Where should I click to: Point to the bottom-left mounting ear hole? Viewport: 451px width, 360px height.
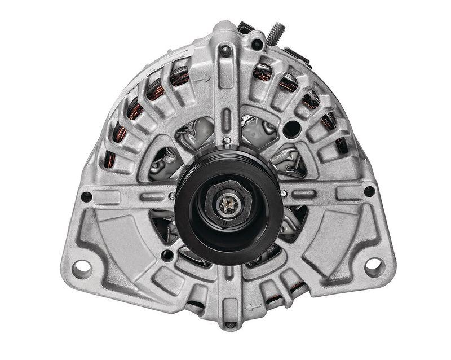click(82, 266)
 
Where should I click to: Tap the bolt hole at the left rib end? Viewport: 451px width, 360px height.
click(86, 196)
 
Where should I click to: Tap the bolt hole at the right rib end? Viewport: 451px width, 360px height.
click(369, 191)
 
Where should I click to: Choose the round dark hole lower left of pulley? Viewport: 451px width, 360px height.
click(166, 255)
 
